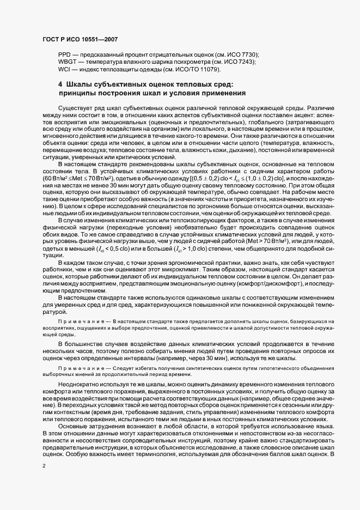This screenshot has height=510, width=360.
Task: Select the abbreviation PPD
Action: [65, 56]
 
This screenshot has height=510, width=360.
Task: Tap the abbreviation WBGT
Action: [68, 63]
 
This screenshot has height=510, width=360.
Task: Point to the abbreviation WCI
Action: [64, 70]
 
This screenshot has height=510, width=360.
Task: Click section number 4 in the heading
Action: [60, 84]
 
